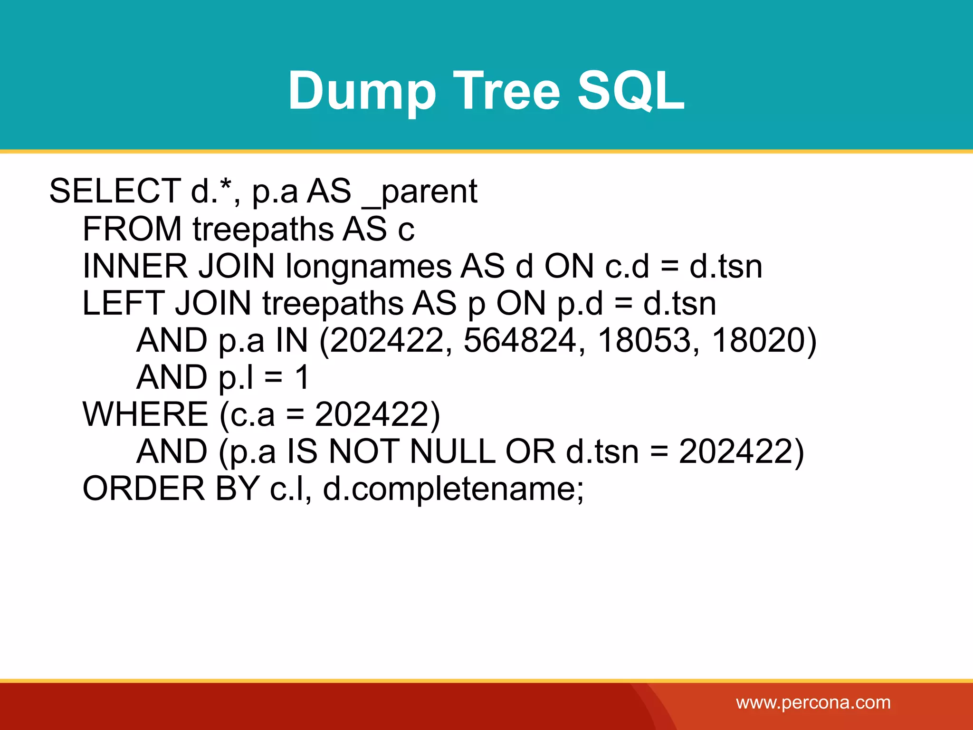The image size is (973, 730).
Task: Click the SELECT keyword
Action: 114,191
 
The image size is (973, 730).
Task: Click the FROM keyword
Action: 132,229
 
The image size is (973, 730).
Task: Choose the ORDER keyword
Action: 143,489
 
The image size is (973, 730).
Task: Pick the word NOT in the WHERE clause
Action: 363,451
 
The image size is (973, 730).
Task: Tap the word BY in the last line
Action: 237,489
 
